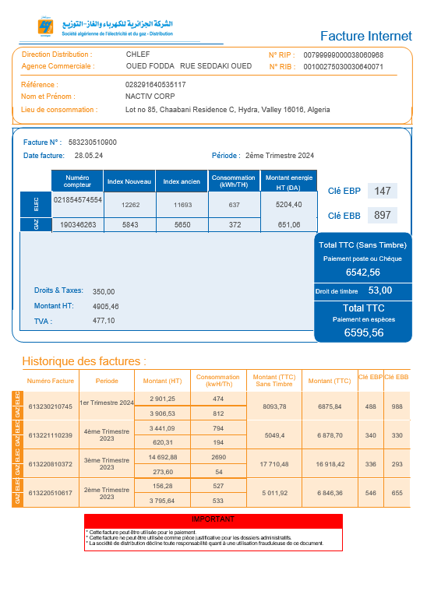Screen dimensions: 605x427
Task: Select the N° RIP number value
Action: pyautogui.click(x=343, y=55)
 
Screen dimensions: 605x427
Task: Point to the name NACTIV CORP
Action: pyautogui.click(x=150, y=97)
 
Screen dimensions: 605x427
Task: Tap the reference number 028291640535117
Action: pyautogui.click(x=156, y=84)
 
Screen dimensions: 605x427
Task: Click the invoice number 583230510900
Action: pyautogui.click(x=93, y=142)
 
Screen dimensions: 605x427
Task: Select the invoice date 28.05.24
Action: pyautogui.click(x=90, y=156)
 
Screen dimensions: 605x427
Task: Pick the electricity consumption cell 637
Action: pyautogui.click(x=234, y=205)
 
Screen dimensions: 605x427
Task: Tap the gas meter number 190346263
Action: pyautogui.click(x=78, y=225)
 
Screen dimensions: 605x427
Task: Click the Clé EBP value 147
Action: pyautogui.click(x=382, y=191)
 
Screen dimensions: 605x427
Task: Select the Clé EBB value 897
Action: pyautogui.click(x=382, y=215)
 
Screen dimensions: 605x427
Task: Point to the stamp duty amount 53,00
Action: pyautogui.click(x=379, y=290)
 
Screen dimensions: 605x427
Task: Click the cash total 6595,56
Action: pyautogui.click(x=364, y=332)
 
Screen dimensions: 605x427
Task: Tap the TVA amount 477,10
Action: pyautogui.click(x=104, y=320)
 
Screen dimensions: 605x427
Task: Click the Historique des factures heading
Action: pyautogui.click(x=84, y=361)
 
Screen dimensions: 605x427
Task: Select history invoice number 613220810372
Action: pyautogui.click(x=50, y=464)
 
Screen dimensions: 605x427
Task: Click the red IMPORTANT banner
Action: pyautogui.click(x=213, y=519)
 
